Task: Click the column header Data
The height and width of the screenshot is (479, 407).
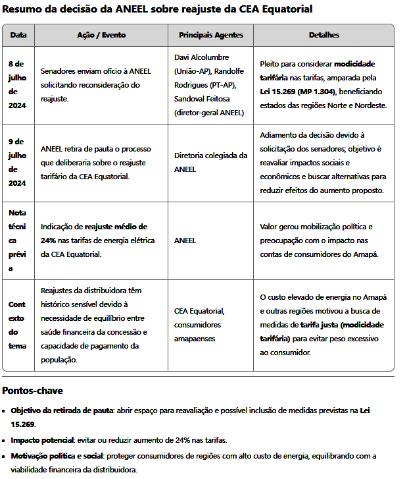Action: pos(18,35)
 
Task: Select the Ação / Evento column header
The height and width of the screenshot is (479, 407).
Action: pos(101,35)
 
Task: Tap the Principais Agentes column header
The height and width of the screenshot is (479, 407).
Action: pos(210,35)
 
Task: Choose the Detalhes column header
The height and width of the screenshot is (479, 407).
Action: pos(323,35)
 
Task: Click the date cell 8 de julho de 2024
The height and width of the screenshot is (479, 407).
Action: pos(17,84)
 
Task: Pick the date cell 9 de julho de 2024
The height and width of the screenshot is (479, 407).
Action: pos(17,162)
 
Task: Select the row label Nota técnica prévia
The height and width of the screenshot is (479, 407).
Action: pos(17,240)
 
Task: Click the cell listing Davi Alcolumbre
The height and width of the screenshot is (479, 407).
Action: pos(210,85)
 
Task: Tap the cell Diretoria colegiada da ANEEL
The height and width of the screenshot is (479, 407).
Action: pos(210,162)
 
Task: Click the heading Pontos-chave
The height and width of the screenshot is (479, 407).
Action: pos(32,390)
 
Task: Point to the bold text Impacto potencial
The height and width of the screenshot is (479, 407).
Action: pos(41,439)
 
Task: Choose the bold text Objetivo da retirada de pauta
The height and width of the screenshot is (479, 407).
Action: pos(62,410)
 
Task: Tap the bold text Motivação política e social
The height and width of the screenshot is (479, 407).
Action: pos(64,456)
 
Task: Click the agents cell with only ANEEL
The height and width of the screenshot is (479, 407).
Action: pos(185,240)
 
